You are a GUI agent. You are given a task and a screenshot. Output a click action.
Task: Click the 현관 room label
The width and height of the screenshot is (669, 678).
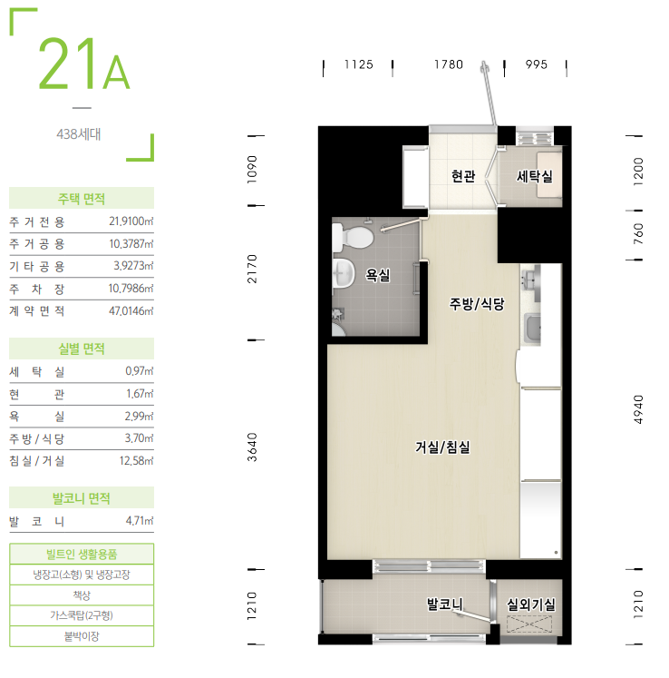(x=463, y=176)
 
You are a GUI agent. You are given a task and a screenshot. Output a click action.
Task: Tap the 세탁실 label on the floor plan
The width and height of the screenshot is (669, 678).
(x=535, y=176)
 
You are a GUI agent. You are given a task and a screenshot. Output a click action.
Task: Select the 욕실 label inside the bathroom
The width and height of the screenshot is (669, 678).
(x=378, y=275)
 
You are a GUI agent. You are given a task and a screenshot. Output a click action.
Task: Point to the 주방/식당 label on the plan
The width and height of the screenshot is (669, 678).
(x=477, y=303)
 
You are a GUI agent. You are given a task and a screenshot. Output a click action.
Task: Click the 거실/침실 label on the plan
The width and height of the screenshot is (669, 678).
(x=442, y=447)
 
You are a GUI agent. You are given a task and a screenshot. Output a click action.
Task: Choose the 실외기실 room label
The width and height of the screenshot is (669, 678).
(x=531, y=604)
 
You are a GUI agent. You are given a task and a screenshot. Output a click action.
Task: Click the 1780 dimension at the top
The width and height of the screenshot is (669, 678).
(x=449, y=64)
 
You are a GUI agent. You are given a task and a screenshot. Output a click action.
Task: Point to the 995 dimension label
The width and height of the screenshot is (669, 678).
(x=537, y=64)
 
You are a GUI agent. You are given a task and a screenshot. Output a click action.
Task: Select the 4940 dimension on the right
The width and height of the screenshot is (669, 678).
(x=638, y=409)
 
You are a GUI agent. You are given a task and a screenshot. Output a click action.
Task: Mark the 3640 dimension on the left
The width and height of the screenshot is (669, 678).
(x=252, y=447)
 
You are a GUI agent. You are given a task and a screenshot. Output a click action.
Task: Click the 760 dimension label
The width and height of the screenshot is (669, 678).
(x=638, y=233)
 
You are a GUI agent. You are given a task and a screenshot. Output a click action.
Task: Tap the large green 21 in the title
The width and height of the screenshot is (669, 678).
(x=67, y=64)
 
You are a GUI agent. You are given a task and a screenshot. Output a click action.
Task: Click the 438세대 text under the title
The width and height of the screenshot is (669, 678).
(x=79, y=134)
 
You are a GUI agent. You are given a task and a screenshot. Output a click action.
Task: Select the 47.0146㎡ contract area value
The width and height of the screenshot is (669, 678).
(x=131, y=310)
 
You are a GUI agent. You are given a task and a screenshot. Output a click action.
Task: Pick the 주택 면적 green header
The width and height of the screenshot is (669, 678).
(x=82, y=199)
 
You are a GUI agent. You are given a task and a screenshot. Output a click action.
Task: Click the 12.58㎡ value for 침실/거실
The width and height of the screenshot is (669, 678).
(x=137, y=460)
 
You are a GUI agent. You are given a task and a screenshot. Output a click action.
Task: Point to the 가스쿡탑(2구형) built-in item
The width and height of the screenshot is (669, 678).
(x=82, y=615)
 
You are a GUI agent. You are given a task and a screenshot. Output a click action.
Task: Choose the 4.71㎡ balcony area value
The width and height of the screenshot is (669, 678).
(x=140, y=521)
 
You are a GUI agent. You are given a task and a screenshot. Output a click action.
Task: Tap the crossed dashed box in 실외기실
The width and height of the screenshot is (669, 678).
(x=529, y=624)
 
